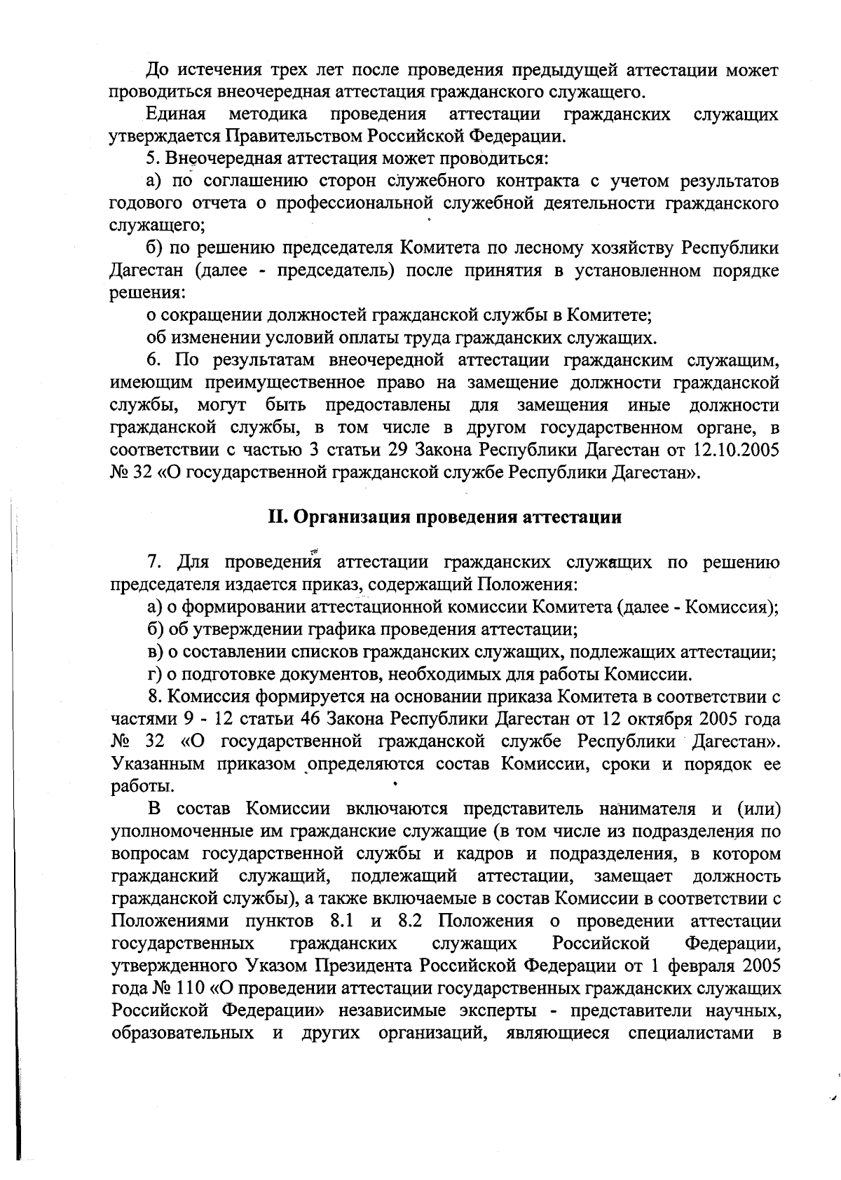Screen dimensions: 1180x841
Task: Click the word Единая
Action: coord(176,114)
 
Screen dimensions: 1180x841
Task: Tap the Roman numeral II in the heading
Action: coord(278,518)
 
